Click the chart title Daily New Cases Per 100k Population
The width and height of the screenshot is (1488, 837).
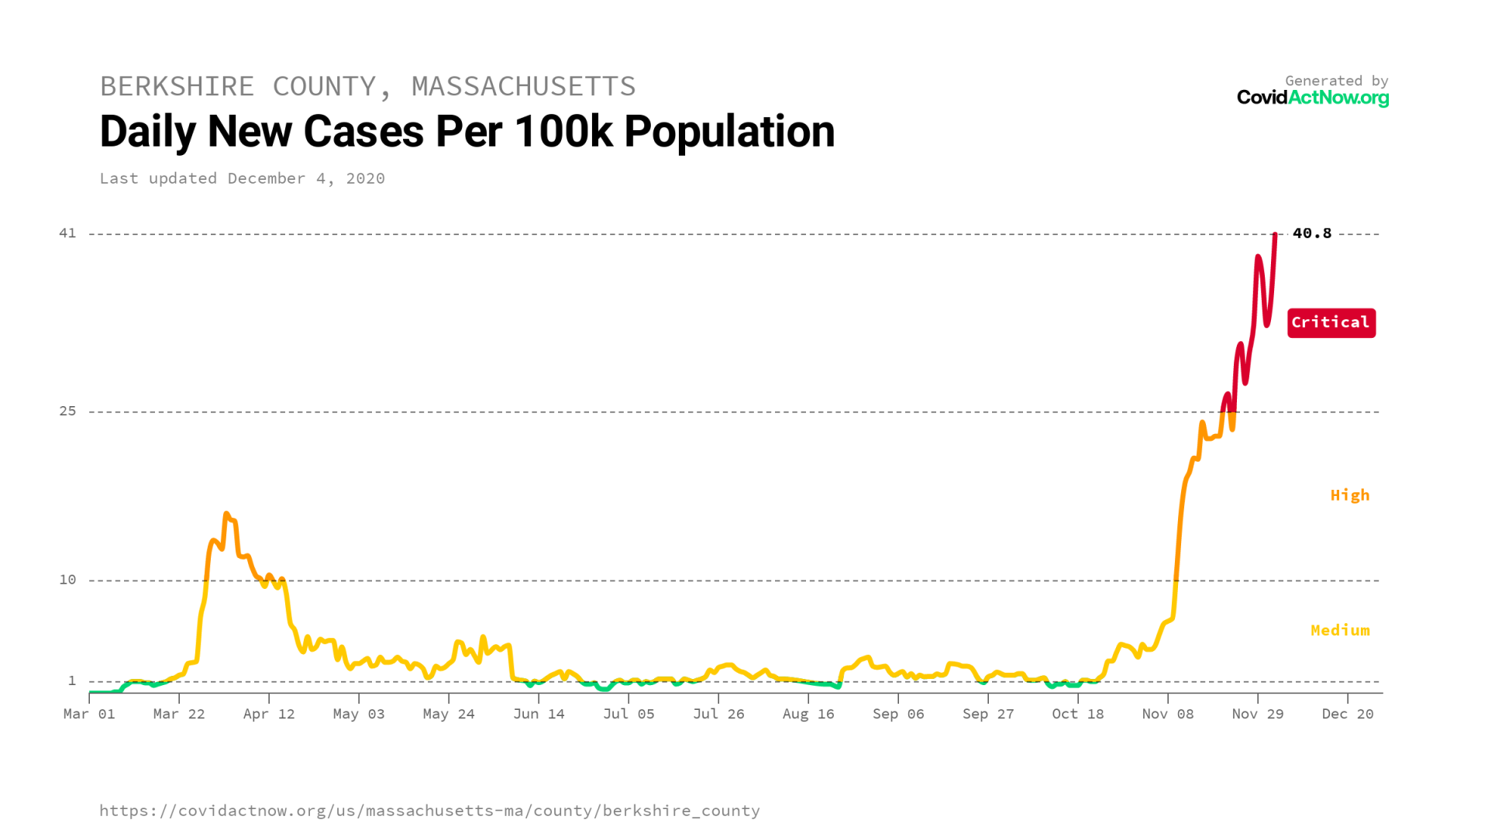(467, 132)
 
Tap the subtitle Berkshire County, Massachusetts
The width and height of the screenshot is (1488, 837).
(367, 86)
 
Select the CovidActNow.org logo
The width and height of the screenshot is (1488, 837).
(1312, 98)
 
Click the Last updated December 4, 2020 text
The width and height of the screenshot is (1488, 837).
(242, 178)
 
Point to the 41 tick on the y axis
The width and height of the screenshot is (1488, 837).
(68, 233)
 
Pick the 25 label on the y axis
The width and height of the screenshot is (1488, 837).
(68, 411)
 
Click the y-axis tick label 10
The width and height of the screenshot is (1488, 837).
(68, 580)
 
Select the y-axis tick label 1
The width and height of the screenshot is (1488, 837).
(72, 680)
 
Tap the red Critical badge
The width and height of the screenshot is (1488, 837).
(1331, 322)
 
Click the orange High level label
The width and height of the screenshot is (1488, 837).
(1349, 495)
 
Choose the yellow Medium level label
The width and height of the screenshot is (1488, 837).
(1339, 630)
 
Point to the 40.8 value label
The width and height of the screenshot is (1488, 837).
(1311, 233)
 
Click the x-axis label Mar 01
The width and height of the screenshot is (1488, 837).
(89, 714)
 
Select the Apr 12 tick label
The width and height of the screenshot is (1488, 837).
(269, 714)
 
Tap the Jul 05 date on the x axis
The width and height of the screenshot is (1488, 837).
(629, 714)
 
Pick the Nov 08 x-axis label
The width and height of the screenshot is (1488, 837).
(1167, 714)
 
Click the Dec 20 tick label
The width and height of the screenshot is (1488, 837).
(1347, 714)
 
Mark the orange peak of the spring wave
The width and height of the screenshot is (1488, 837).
(226, 514)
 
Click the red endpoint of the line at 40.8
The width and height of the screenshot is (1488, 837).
(1275, 234)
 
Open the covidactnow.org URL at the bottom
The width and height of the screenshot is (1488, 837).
(429, 811)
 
